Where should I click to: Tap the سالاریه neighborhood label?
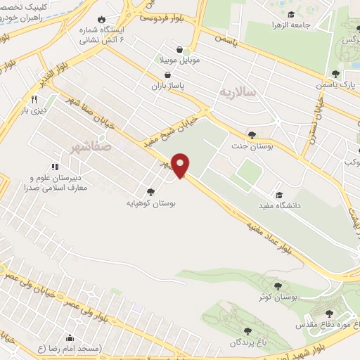pos(236,93)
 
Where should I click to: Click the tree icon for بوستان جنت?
pos(252,134)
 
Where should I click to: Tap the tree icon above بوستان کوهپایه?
pos(150,191)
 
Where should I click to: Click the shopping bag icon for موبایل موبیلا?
pos(183,50)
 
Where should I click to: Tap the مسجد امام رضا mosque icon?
pos(69,337)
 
